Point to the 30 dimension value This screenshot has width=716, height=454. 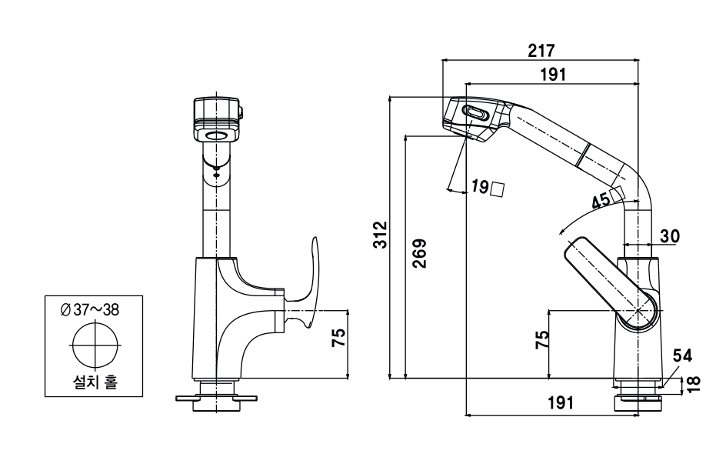tap(668, 235)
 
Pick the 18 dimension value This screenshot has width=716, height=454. tap(694, 383)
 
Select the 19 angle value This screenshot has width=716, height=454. tap(480, 186)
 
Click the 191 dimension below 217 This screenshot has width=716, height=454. tap(553, 74)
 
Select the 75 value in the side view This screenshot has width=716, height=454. tap(541, 339)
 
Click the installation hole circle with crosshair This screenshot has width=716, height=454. tap(95, 345)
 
